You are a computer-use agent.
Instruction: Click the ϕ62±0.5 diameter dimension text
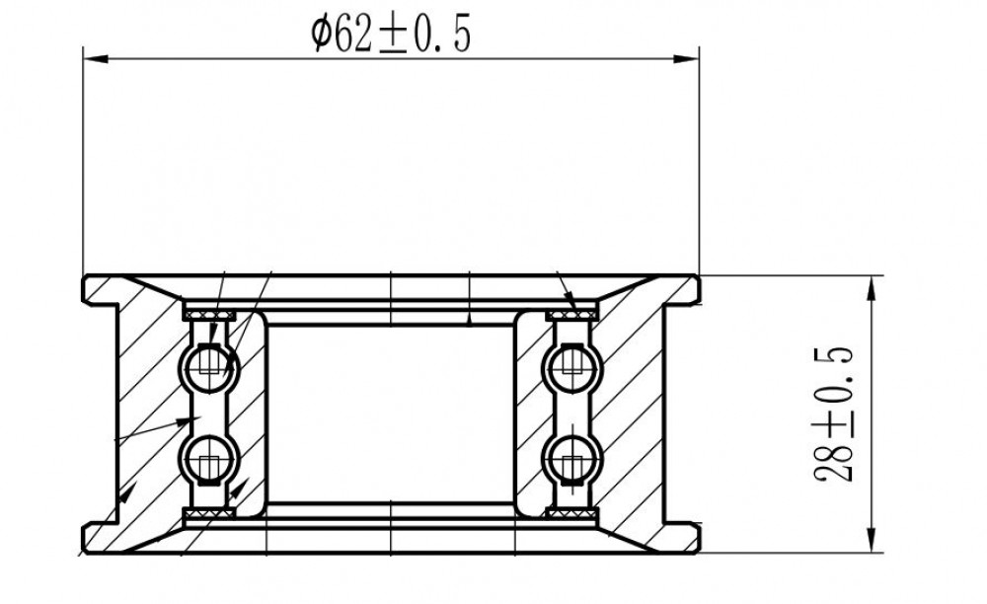pyautogui.click(x=391, y=35)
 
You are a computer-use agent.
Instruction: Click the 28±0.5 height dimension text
pyautogui.click(x=834, y=415)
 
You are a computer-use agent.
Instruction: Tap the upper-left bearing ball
pyautogui.click(x=209, y=367)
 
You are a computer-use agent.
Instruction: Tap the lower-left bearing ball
pyautogui.click(x=209, y=459)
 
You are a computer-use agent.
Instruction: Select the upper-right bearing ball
pyautogui.click(x=571, y=367)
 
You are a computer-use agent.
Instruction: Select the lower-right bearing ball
pyautogui.click(x=571, y=459)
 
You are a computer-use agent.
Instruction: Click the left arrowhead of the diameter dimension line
pyautogui.click(x=97, y=58)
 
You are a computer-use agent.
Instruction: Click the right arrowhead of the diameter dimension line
pyautogui.click(x=686, y=58)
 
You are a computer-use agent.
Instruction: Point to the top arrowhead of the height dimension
pyautogui.click(x=872, y=289)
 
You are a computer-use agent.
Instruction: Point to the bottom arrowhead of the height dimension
pyautogui.click(x=872, y=539)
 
